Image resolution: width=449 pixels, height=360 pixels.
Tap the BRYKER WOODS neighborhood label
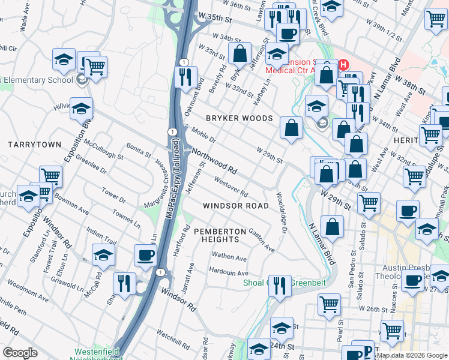240,119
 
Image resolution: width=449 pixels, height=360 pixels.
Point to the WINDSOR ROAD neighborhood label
236,205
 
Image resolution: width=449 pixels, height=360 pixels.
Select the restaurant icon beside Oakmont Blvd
185,77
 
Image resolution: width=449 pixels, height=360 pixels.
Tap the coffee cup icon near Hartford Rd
145,256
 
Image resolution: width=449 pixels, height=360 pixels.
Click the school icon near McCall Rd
103,254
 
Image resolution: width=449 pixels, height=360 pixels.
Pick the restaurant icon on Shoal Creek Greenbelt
279,285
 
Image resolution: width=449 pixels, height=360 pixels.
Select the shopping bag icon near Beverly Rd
240,53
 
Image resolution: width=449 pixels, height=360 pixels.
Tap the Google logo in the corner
20,353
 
